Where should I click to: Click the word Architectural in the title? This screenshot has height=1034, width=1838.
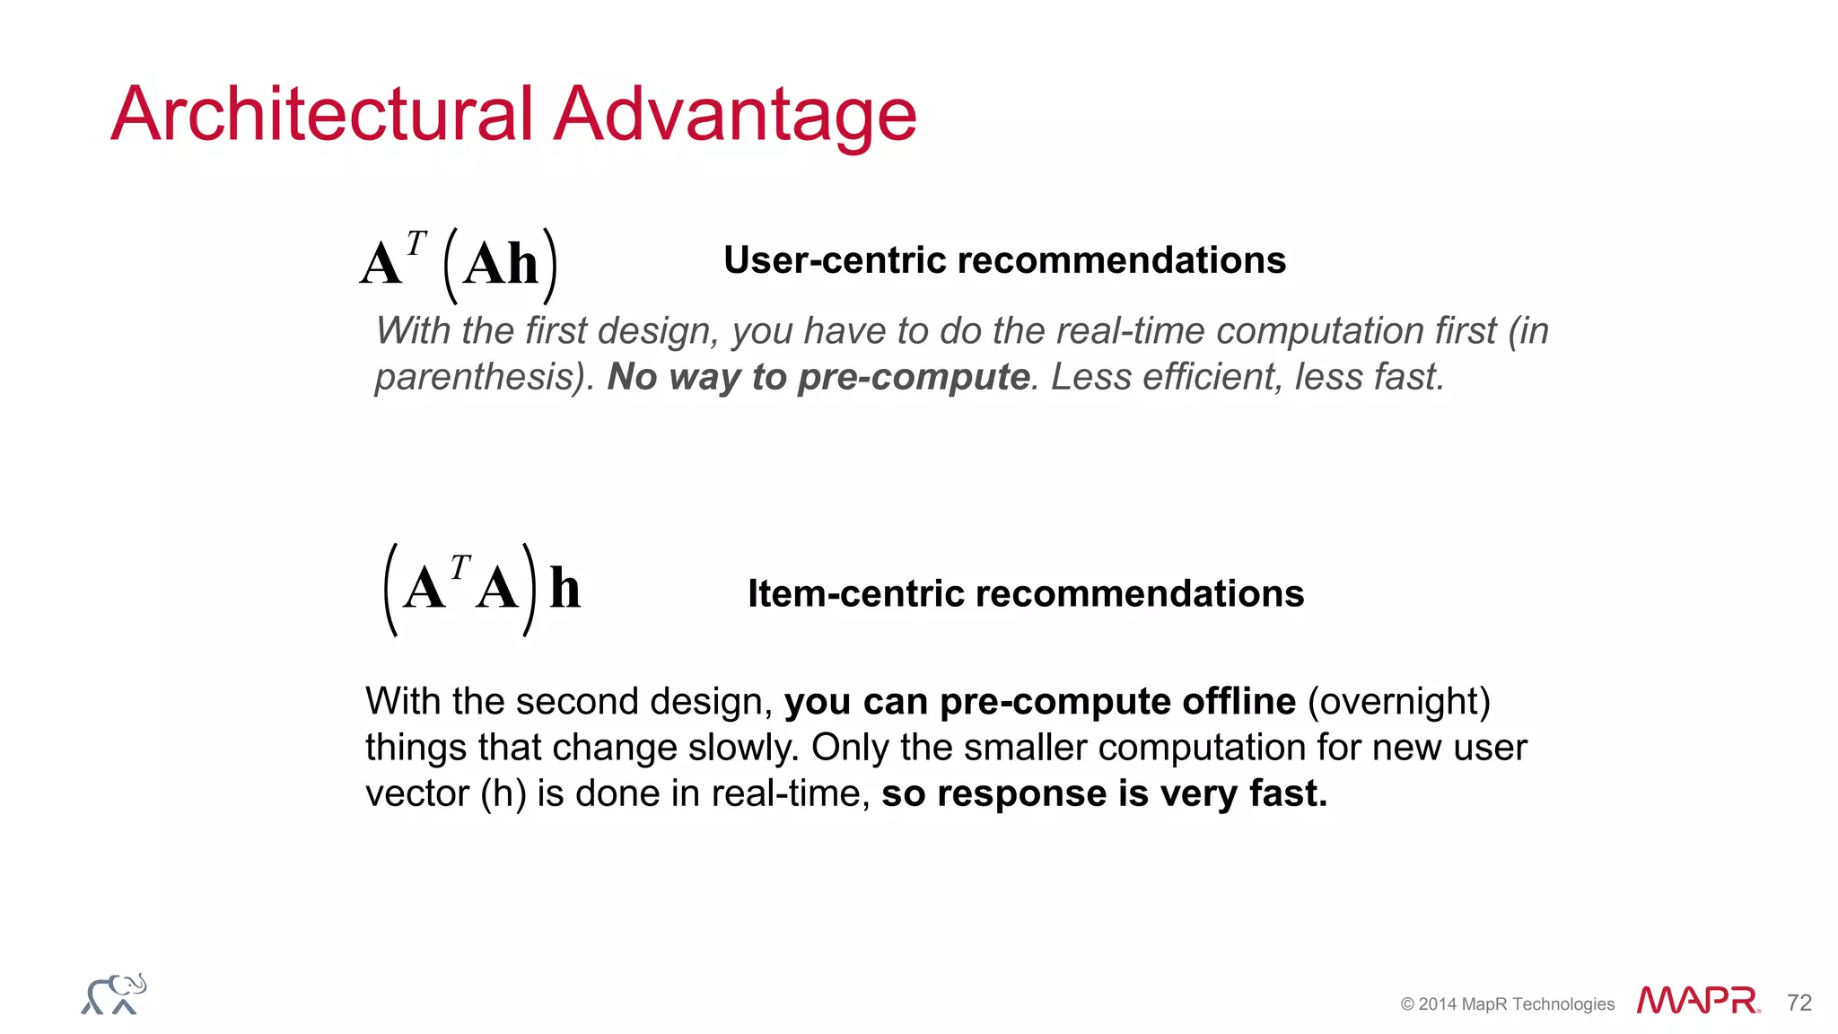click(322, 114)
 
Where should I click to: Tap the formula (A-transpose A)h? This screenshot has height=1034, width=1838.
click(481, 590)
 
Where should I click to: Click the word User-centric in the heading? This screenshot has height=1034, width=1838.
click(835, 260)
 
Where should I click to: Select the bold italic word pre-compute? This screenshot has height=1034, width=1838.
click(914, 377)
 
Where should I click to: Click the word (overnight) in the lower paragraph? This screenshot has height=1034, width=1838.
click(1398, 701)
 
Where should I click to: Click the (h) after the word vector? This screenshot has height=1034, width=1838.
click(503, 794)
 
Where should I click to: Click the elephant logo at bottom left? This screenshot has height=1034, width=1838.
click(114, 995)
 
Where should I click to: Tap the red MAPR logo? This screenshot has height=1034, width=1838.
click(1697, 1001)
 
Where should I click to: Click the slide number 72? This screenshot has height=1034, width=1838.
click(1799, 1003)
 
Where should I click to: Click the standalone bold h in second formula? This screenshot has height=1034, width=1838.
click(565, 590)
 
